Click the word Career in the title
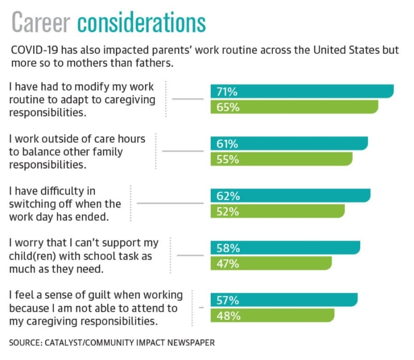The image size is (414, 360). point(41,23)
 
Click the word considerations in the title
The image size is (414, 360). point(142,22)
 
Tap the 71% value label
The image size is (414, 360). point(227,91)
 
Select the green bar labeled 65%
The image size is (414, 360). point(294,107)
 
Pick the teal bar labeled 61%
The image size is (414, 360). point(289,143)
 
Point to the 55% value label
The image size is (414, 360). point(228,159)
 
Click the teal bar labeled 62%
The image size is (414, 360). point(290,195)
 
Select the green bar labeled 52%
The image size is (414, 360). point(277,211)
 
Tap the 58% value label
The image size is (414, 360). point(228,248)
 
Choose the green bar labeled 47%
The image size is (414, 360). point(271,263)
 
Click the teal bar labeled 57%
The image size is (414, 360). point(284,300)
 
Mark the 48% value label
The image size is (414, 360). point(228,316)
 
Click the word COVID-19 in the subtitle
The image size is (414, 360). point(34,50)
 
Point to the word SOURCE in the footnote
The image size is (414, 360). point(26,343)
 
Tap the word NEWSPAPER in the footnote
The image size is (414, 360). point(191,343)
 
